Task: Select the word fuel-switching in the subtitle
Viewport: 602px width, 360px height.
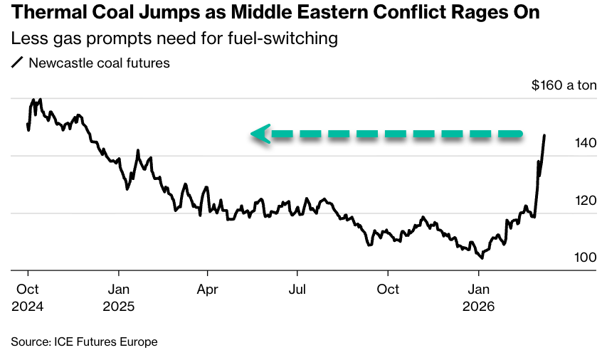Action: click(x=289, y=38)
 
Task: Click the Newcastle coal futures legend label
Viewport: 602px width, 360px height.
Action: click(x=99, y=63)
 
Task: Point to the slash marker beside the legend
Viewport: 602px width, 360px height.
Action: click(x=17, y=63)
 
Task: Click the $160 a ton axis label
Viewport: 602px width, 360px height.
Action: click(x=564, y=85)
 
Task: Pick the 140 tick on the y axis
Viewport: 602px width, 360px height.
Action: click(x=585, y=143)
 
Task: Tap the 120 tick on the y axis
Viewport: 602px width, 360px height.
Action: click(x=585, y=201)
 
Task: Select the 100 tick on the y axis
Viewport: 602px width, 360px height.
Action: click(x=585, y=258)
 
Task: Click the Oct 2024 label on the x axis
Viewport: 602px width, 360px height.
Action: click(x=28, y=298)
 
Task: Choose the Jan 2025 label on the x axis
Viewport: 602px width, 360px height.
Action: click(x=119, y=298)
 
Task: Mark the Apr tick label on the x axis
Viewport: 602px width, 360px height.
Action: click(x=208, y=290)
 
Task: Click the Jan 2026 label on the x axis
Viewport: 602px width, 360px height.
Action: click(x=479, y=298)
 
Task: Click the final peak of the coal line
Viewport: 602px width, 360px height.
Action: click(x=544, y=135)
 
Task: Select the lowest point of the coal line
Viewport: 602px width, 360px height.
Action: click(x=482, y=258)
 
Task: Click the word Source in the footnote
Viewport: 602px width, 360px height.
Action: click(x=29, y=342)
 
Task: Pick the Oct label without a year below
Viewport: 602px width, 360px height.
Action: click(x=388, y=290)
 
